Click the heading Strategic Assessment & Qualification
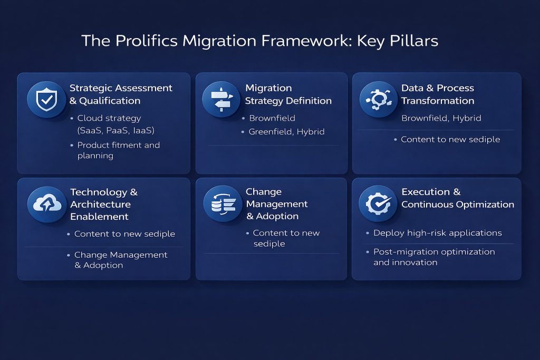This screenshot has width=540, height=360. click(121, 94)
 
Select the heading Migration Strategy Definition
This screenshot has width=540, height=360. click(288, 94)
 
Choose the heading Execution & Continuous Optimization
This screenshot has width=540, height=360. click(457, 198)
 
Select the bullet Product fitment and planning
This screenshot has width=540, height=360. click(118, 150)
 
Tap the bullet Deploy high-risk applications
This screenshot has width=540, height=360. click(437, 233)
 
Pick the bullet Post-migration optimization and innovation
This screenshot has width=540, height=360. click(433, 257)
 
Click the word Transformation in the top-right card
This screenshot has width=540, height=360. click(438, 101)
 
